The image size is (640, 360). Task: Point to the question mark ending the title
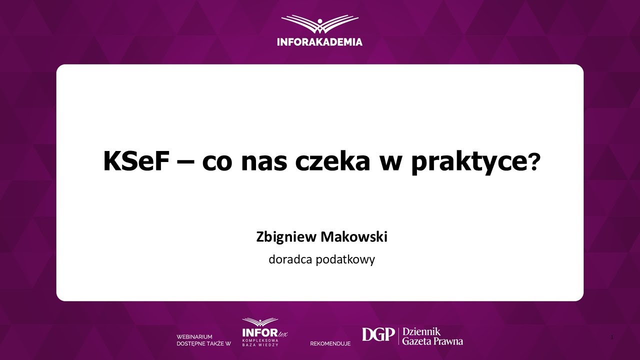(x=534, y=161)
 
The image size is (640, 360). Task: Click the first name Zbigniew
(x=286, y=237)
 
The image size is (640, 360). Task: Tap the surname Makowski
(x=354, y=237)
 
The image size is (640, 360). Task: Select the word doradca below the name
(x=290, y=259)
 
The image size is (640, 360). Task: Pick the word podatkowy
(x=345, y=260)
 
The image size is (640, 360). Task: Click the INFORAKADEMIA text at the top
(x=320, y=42)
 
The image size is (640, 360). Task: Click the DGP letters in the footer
(x=378, y=335)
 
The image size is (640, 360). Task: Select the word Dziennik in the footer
(x=421, y=331)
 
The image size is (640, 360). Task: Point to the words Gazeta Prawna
(x=432, y=341)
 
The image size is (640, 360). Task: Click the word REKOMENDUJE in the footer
(x=330, y=343)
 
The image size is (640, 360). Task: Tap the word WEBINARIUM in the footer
(x=194, y=337)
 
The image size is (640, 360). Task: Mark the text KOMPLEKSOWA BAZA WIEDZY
(x=260, y=343)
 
